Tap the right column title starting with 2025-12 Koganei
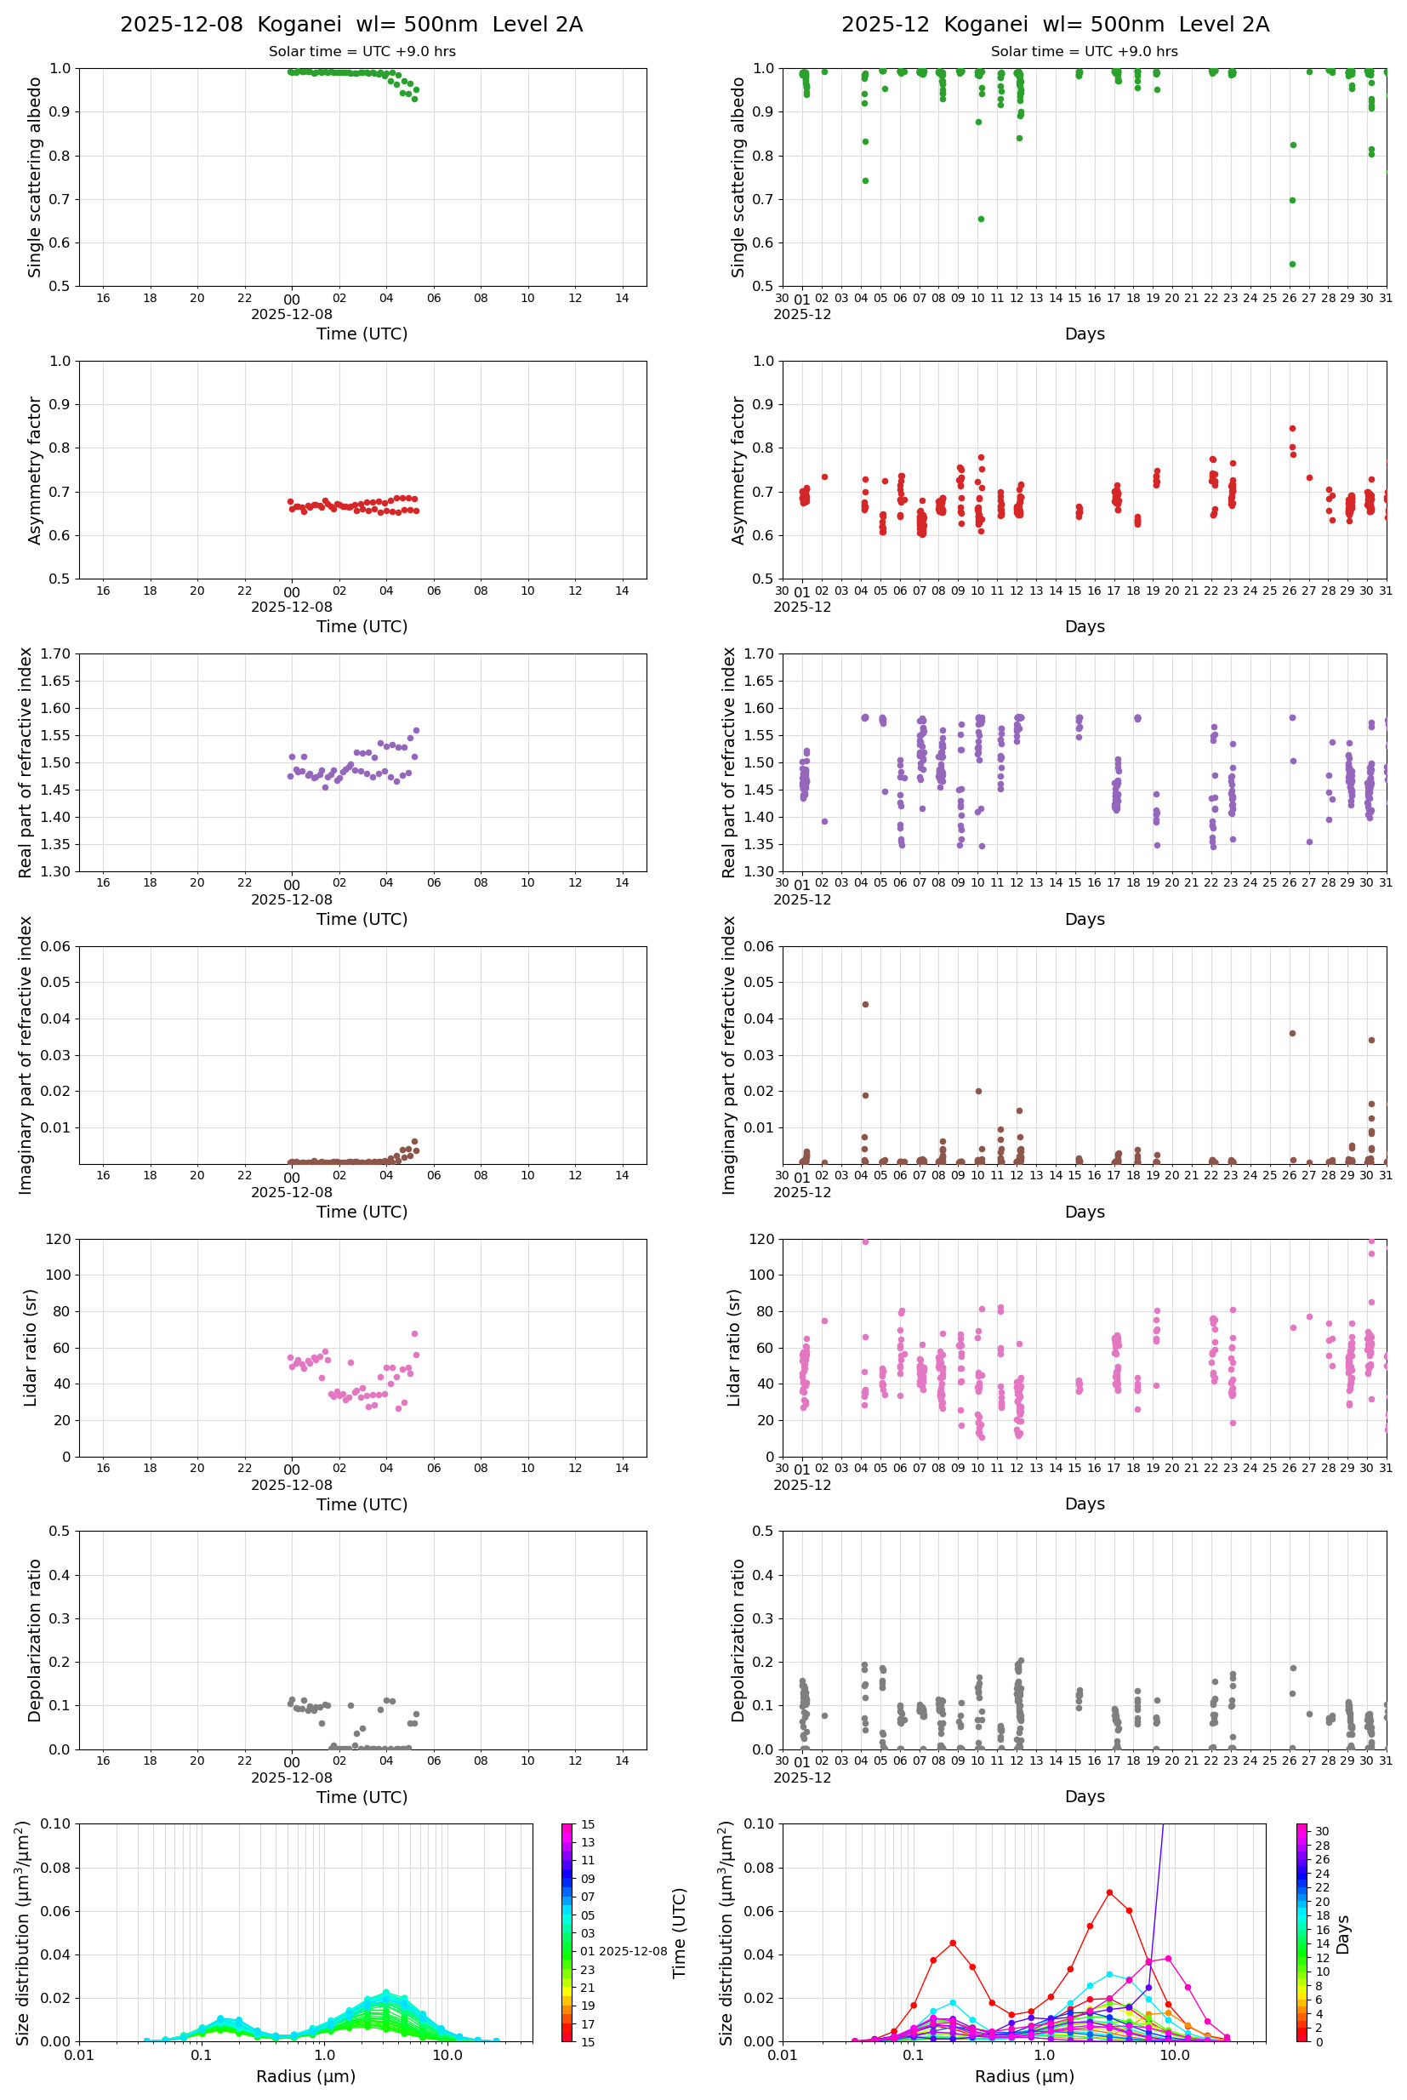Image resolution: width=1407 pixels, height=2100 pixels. [x=1054, y=24]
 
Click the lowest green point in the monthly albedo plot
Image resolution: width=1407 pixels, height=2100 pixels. [x=1292, y=264]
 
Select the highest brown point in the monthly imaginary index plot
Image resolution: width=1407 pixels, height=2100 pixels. [x=865, y=1004]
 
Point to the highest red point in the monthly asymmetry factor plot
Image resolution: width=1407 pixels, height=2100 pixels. [x=1292, y=428]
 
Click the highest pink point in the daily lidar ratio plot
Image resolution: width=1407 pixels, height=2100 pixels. [x=414, y=1333]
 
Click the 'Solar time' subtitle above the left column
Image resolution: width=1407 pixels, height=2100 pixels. [x=362, y=52]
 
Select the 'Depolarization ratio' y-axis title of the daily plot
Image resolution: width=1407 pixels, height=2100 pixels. [x=35, y=1641]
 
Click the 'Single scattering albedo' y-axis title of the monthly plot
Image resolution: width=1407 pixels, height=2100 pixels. [x=738, y=177]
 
